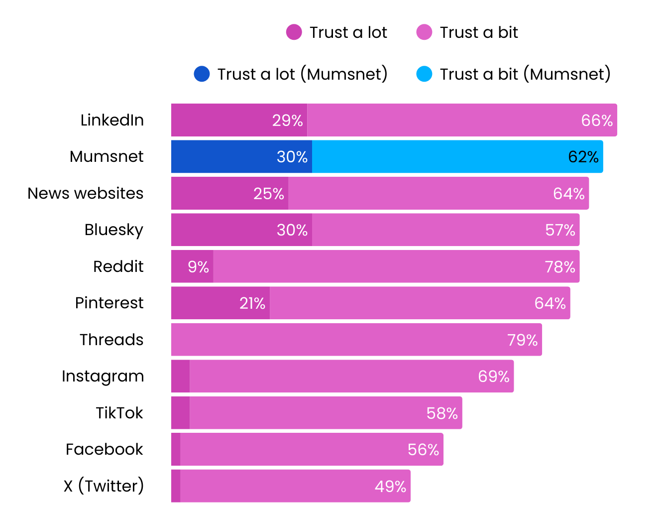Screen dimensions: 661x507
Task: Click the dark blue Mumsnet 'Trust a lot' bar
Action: [x=241, y=156]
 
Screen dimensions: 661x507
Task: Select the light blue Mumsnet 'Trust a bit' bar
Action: [x=457, y=156]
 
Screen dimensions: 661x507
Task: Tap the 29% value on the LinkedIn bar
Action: [x=287, y=120]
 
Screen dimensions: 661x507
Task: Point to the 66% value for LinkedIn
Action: [x=596, y=120]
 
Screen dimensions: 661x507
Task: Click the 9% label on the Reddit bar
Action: [x=198, y=267]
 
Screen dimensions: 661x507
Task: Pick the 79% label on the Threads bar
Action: [x=522, y=340]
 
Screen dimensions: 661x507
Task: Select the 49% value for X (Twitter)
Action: [x=390, y=486]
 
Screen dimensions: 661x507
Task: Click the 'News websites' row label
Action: [x=85, y=193]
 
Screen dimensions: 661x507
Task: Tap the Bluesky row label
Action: [x=114, y=230]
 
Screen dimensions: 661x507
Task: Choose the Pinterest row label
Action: [x=109, y=303]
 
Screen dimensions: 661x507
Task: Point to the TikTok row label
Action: [x=119, y=413]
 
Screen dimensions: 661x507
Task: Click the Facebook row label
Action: [x=104, y=449]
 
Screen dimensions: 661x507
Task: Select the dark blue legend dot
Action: [x=202, y=74]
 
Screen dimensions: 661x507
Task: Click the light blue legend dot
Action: [x=424, y=74]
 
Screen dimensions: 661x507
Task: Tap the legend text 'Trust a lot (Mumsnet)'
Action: [x=302, y=74]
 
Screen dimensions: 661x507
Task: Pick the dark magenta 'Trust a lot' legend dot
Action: [x=294, y=32]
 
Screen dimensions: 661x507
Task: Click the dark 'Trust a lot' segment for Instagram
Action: [x=180, y=376]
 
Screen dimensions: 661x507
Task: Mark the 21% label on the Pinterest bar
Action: [x=252, y=303]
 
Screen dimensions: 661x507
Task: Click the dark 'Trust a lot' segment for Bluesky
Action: [x=241, y=230]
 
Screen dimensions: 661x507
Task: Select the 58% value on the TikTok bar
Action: [x=442, y=413]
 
